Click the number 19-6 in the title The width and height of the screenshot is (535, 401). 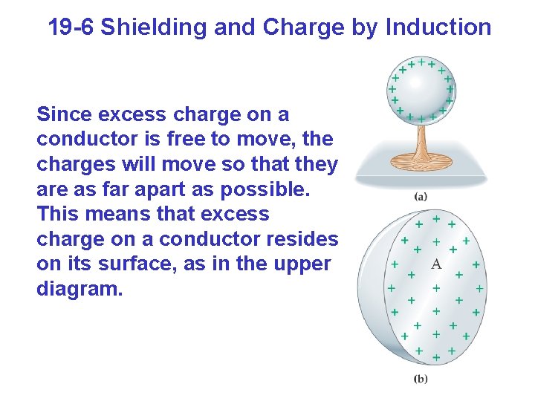tap(71, 27)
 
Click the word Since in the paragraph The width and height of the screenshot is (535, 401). tap(62, 115)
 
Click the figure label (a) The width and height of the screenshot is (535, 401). tap(421, 198)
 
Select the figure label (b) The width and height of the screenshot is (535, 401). tap(421, 379)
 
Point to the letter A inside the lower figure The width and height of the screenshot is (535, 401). tap(436, 264)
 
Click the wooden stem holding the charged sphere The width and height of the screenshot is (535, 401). tap(421, 140)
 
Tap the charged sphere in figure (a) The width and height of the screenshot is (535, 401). tap(421, 89)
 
